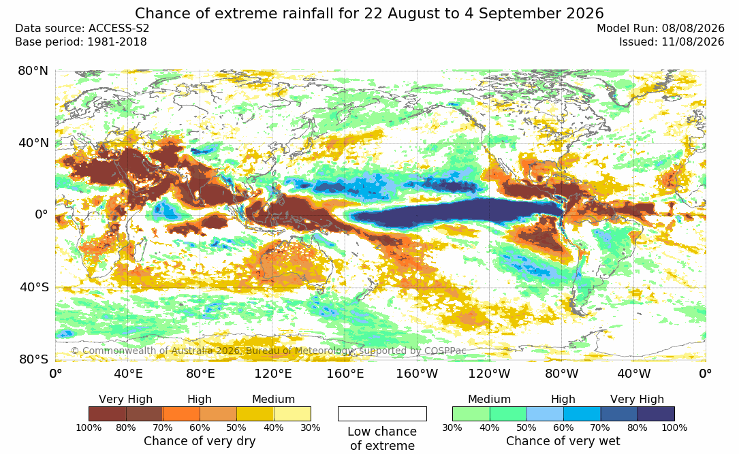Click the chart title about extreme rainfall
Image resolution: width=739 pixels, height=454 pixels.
coord(369,13)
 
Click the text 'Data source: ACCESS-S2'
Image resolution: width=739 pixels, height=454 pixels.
coord(82,29)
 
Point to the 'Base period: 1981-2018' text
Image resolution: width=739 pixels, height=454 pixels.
coord(81,42)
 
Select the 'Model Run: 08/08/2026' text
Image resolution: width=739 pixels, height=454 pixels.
coord(660,29)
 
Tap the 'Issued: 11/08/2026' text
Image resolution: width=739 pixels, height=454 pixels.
coord(672,42)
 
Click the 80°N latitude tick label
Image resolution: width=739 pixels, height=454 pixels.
coord(33,71)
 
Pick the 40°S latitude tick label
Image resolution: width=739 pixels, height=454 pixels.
coord(34,287)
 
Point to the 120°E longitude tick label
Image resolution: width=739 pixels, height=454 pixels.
coord(273,374)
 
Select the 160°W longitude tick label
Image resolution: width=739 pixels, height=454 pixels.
coord(417,374)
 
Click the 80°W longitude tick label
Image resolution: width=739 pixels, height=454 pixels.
coord(561,374)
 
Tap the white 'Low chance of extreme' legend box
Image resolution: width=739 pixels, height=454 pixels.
coord(382,414)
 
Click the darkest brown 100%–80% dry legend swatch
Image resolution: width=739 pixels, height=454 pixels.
coord(108,414)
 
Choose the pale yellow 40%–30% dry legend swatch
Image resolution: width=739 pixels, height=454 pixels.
coord(292,414)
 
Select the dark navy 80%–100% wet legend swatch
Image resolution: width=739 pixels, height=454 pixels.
coord(656,414)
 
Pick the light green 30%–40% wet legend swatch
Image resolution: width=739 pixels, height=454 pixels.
coord(471,414)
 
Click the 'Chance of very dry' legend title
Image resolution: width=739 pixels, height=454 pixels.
coord(200,441)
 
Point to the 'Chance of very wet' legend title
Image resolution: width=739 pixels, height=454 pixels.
coord(563,441)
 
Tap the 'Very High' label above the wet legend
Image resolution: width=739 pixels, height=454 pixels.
coord(637,400)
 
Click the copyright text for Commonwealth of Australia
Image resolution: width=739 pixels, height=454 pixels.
coord(268,351)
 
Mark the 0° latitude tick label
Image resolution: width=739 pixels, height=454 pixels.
coord(42,215)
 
